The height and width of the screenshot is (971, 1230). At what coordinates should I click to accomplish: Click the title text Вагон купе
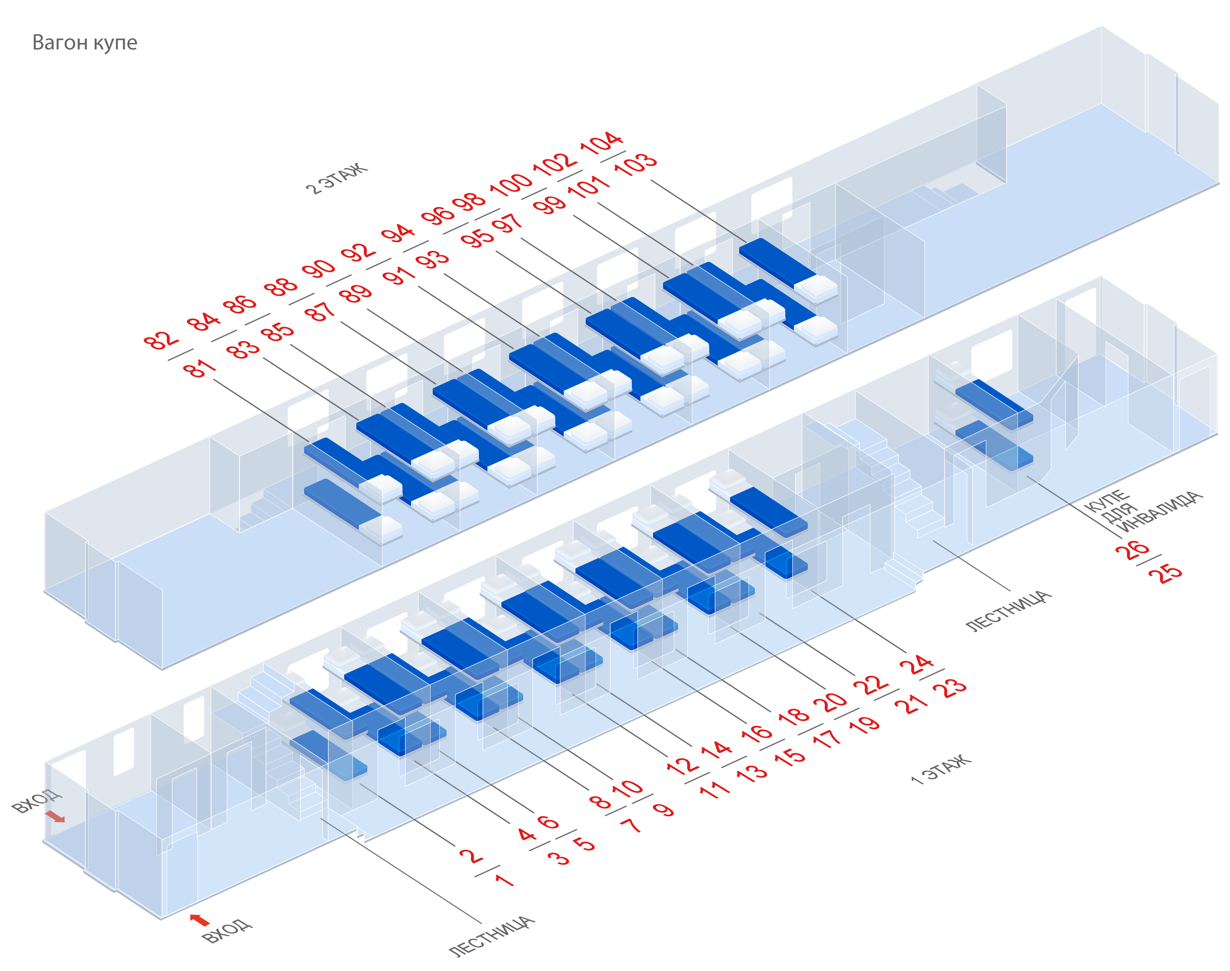85,43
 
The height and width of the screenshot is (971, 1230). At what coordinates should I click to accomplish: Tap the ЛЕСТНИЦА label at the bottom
492,935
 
